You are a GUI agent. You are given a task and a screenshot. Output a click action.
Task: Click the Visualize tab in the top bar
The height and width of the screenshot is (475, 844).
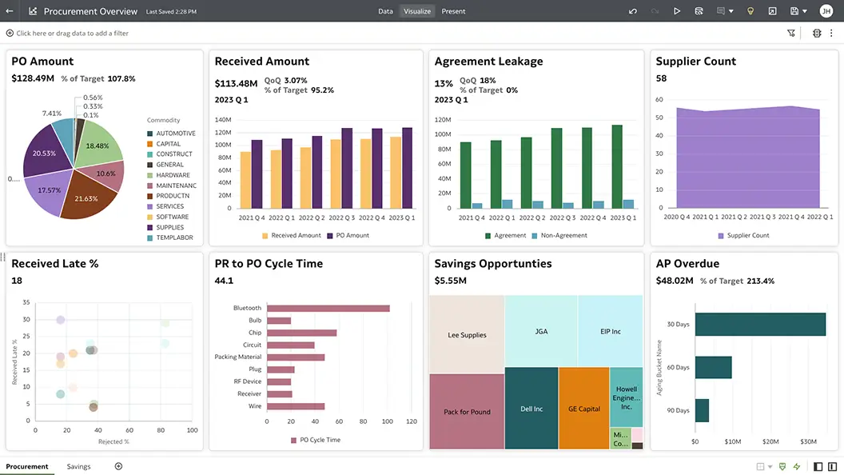coord(417,11)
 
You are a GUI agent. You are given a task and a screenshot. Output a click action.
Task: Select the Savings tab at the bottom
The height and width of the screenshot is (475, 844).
coord(78,466)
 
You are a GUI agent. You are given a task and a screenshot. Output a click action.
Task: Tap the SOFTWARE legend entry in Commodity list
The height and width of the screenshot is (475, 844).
coord(172,217)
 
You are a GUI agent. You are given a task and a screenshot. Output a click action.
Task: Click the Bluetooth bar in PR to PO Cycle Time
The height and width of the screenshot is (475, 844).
coord(328,308)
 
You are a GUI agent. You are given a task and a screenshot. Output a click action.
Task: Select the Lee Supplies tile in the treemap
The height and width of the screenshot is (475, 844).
coord(467,335)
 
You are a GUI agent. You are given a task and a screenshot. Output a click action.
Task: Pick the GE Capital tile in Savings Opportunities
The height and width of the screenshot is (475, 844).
coord(583,409)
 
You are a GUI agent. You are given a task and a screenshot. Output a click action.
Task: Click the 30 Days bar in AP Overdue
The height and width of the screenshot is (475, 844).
coord(759,324)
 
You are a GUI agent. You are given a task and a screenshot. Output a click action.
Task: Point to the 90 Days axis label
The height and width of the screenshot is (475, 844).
coord(678,410)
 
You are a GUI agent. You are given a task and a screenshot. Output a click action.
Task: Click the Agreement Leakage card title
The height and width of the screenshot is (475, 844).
coord(488,62)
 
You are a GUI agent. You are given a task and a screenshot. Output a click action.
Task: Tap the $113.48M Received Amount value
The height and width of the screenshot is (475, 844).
coord(236,84)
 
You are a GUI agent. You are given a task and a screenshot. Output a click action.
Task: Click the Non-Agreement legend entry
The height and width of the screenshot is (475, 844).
coord(563,236)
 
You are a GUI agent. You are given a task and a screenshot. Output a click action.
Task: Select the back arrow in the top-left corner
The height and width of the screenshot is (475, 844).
coord(10,11)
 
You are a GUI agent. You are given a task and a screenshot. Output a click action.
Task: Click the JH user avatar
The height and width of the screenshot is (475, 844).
coord(826,11)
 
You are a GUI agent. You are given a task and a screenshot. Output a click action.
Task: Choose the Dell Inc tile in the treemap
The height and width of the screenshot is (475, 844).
coord(531,409)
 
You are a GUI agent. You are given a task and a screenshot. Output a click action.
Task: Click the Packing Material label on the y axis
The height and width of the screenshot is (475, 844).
coord(238,357)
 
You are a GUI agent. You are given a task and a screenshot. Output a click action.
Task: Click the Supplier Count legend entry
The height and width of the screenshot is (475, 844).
coord(747,236)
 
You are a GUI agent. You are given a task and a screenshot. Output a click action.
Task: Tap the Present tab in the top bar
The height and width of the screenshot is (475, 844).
coord(453,11)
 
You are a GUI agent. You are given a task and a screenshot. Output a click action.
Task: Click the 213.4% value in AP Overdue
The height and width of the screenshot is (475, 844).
coord(760,281)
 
